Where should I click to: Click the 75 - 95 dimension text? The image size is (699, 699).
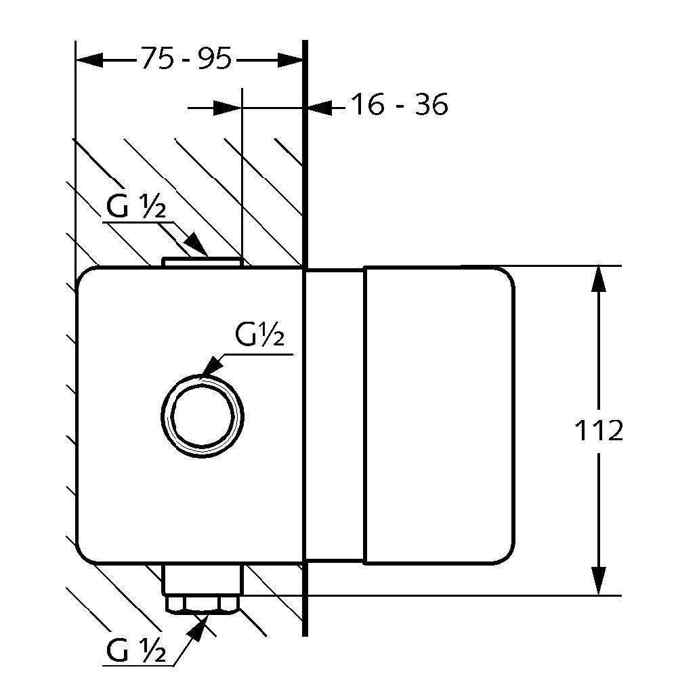(x=186, y=60)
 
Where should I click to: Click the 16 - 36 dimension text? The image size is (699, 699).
(x=399, y=106)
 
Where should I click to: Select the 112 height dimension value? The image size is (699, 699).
(x=598, y=431)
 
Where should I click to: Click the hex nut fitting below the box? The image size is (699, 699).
(x=203, y=603)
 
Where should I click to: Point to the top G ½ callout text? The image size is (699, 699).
(x=135, y=209)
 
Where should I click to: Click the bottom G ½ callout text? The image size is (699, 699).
(x=136, y=652)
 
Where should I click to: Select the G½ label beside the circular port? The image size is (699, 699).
(x=259, y=335)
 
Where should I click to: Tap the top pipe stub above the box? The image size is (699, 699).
(x=202, y=262)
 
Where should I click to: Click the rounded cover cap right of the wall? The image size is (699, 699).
(x=439, y=415)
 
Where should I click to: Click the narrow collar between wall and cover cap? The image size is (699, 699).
(x=335, y=415)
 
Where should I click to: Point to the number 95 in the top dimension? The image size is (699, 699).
(x=215, y=60)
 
